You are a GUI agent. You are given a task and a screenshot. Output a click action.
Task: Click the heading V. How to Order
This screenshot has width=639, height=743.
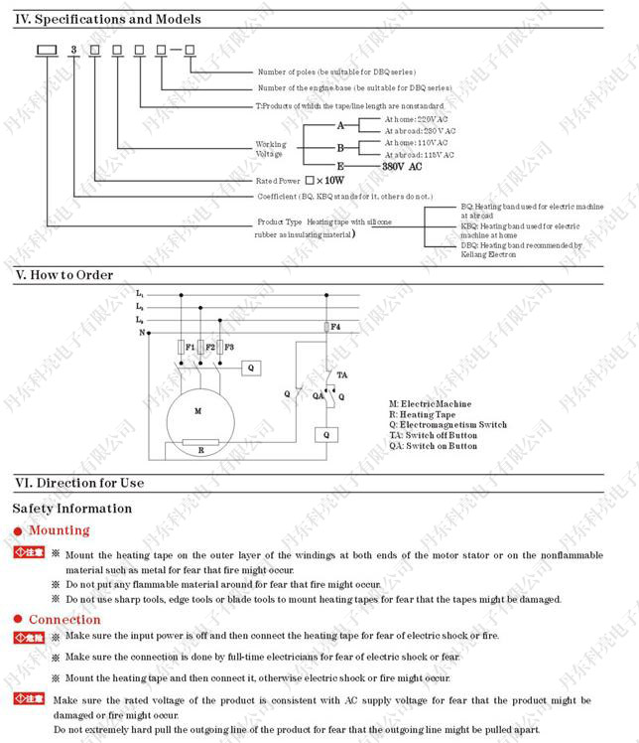64,275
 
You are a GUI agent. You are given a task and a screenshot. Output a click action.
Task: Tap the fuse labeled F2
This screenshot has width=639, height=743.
200,348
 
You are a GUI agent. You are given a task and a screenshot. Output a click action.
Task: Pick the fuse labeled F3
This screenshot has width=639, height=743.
219,348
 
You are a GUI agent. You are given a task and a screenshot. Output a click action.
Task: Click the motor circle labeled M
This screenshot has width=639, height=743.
196,410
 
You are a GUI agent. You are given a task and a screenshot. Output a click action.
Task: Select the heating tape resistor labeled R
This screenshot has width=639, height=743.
200,439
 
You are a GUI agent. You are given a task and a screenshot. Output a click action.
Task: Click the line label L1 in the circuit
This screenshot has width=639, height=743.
140,295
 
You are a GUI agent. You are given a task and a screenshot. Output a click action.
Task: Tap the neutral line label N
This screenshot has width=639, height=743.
142,333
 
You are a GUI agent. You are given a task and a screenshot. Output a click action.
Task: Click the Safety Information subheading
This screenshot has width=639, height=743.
71,509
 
